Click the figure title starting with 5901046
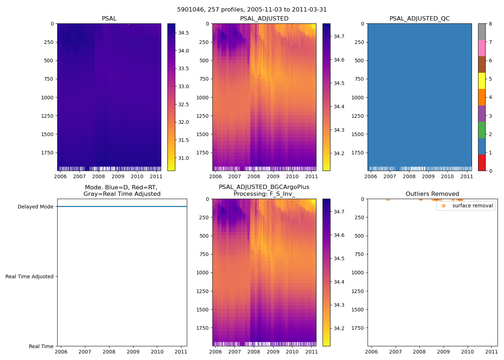point(252,10)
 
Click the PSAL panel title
point(109,19)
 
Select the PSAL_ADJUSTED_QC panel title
point(419,19)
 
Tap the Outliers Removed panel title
point(432,194)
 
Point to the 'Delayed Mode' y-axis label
point(35,207)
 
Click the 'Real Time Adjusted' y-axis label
point(30,276)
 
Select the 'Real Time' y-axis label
point(41,346)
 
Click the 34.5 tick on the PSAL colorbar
point(184,33)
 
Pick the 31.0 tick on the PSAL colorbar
point(184,158)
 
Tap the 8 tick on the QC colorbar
point(490,24)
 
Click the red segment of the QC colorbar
point(482,163)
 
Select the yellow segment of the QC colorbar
point(482,81)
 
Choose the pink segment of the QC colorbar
point(482,48)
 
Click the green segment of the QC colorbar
point(482,130)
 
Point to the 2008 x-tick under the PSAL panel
point(99,176)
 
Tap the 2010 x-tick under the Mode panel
point(157,352)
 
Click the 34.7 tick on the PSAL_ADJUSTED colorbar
point(339,36)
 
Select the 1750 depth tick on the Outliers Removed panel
point(357,328)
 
